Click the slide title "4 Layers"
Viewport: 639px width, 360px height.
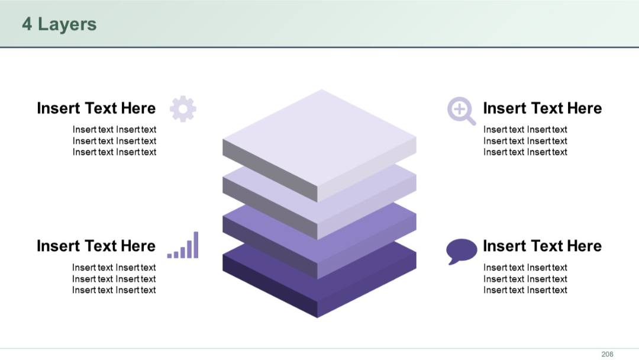click(59, 24)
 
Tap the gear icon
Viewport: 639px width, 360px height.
click(183, 109)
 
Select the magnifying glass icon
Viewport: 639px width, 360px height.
click(460, 110)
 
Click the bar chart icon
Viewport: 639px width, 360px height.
click(183, 246)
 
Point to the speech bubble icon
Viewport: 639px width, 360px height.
click(461, 250)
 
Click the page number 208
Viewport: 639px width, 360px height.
click(607, 354)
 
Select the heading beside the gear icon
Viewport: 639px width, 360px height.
click(96, 108)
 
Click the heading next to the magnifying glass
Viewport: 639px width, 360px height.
click(542, 108)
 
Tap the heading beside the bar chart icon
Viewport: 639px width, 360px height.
click(96, 246)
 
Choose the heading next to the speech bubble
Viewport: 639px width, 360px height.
click(542, 246)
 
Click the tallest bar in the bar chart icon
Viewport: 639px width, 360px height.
click(196, 245)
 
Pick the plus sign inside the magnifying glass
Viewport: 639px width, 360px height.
click(459, 108)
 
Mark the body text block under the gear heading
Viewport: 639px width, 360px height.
click(114, 141)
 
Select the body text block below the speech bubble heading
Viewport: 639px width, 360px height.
click(525, 279)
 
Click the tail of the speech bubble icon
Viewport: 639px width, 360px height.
click(452, 261)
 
